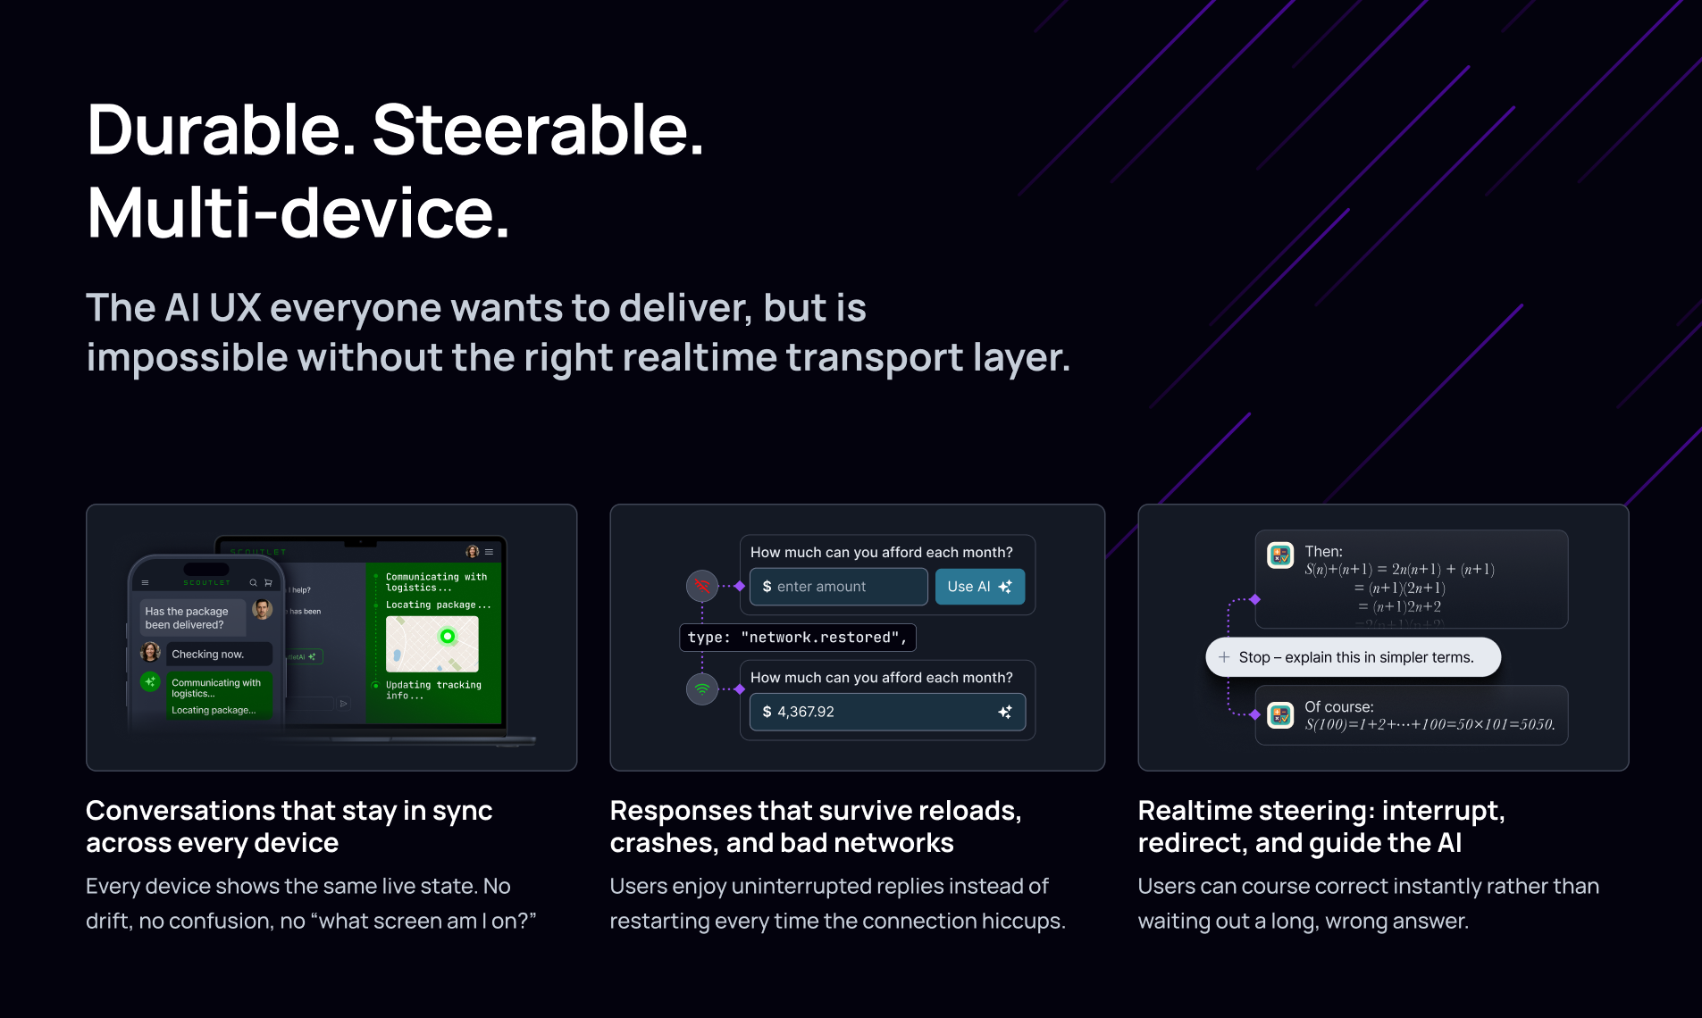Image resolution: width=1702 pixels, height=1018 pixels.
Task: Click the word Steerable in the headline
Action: [538, 130]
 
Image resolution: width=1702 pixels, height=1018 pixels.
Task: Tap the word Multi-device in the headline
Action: [298, 214]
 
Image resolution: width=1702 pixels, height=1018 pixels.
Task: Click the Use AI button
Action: [979, 587]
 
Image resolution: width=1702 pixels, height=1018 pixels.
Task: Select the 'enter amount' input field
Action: [838, 587]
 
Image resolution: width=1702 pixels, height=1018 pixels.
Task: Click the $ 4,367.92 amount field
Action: [876, 712]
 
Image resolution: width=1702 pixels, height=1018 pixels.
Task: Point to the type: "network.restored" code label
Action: [797, 638]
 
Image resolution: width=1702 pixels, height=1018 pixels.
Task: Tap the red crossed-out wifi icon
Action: [702, 586]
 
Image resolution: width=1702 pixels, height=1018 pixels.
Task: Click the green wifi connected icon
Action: [702, 688]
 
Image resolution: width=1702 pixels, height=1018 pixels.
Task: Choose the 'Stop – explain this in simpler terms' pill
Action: [1353, 657]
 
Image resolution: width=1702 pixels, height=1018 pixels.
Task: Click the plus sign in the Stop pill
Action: [1224, 657]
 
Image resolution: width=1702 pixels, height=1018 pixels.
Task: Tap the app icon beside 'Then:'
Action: [1280, 555]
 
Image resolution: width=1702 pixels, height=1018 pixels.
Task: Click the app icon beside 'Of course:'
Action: [1280, 714]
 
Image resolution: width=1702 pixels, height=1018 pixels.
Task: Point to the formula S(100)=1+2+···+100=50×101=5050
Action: [1430, 724]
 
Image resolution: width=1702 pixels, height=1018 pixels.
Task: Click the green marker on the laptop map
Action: [448, 636]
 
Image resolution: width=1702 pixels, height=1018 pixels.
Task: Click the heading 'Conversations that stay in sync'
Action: [289, 811]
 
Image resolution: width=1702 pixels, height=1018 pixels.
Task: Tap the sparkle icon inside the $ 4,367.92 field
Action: [1005, 712]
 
